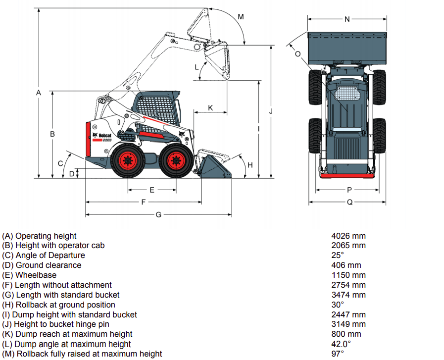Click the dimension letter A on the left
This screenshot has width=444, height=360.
[x=39, y=93]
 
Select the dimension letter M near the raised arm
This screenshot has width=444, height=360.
[x=241, y=17]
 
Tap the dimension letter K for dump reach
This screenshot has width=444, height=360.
[x=210, y=107]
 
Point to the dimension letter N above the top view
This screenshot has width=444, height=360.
[x=347, y=19]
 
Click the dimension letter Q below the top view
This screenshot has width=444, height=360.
[x=349, y=202]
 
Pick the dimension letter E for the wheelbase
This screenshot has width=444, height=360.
[x=152, y=190]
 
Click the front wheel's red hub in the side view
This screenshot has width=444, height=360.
[x=176, y=160]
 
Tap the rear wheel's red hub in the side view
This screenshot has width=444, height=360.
[x=128, y=160]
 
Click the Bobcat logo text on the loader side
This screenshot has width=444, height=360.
[x=104, y=136]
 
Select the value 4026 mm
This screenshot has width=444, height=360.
[x=348, y=236]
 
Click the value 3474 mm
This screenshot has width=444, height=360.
[x=348, y=295]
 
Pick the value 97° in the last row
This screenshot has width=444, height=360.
[x=338, y=354]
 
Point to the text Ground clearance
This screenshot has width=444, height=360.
[x=49, y=265]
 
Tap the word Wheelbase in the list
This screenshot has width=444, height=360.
[x=36, y=275]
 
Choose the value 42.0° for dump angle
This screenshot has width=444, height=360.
[x=341, y=344]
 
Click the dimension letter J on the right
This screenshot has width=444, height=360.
[x=271, y=111]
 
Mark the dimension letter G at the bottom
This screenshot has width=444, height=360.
[x=158, y=214]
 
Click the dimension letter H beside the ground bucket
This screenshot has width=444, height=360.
[x=250, y=164]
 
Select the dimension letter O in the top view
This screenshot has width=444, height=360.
[x=297, y=54]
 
